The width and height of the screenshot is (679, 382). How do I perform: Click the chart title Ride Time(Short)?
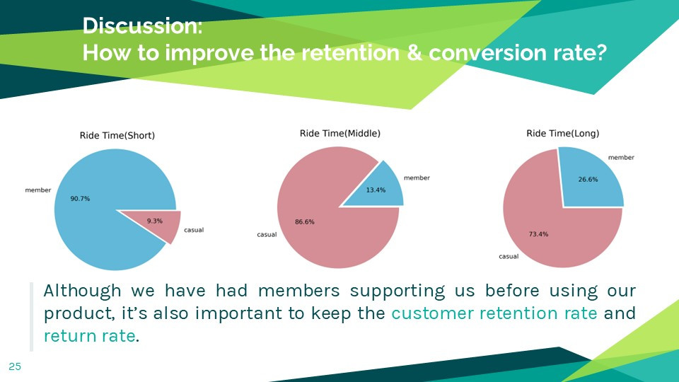point(117,136)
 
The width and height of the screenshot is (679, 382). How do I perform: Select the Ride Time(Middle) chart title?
point(340,134)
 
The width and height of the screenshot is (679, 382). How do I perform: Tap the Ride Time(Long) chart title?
point(562,134)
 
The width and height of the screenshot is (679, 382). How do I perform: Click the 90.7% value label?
point(80,199)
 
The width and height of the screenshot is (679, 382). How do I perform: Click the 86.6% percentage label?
point(304,221)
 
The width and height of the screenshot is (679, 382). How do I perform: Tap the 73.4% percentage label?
point(538,234)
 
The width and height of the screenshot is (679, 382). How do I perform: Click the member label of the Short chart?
point(38,190)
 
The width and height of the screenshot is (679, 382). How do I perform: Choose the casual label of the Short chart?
point(194,230)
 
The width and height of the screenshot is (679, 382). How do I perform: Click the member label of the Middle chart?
point(417,178)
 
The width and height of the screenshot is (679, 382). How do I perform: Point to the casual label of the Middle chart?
point(267,235)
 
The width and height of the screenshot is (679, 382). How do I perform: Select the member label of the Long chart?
point(621,158)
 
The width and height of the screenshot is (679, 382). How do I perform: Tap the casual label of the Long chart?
point(509,256)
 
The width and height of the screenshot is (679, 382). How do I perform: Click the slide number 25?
point(15,366)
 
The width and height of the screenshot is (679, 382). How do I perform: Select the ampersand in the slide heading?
point(414,53)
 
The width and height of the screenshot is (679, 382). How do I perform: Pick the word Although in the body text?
point(82,291)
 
